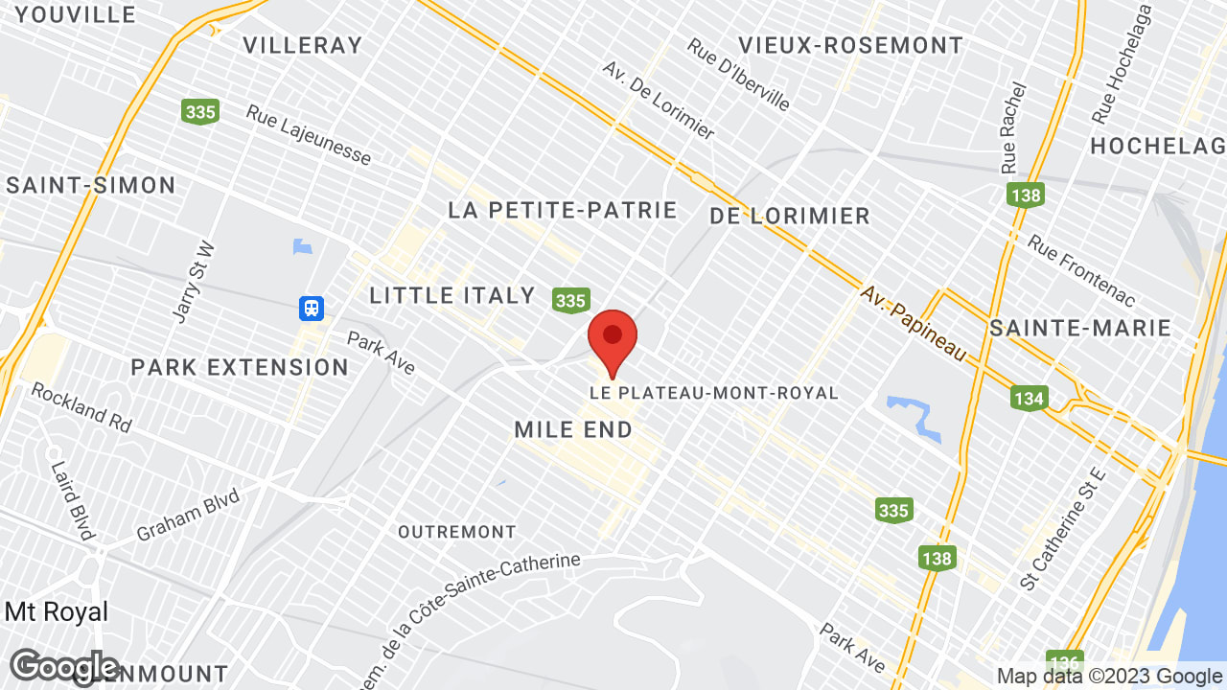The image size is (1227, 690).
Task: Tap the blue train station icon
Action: (x=311, y=309)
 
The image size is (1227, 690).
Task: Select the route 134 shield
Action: (x=1029, y=397)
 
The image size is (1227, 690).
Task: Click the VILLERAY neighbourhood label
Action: (x=303, y=45)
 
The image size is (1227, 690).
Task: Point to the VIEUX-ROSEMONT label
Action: (x=851, y=45)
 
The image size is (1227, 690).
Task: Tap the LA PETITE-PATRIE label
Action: (x=563, y=210)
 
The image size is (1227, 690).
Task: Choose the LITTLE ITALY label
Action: (x=452, y=295)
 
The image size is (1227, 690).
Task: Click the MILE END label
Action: (x=573, y=429)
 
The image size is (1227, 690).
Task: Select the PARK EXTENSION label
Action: (x=240, y=367)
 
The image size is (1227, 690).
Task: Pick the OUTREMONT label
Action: (x=457, y=531)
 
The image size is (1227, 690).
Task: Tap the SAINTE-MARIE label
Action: (x=1080, y=328)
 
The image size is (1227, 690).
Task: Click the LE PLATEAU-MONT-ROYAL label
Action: (x=714, y=393)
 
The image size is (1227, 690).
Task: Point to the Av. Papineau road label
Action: (x=912, y=322)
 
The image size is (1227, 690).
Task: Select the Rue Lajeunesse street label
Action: (x=309, y=134)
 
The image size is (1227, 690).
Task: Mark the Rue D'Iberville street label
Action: (x=738, y=74)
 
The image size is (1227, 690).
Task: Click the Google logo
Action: (x=64, y=667)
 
